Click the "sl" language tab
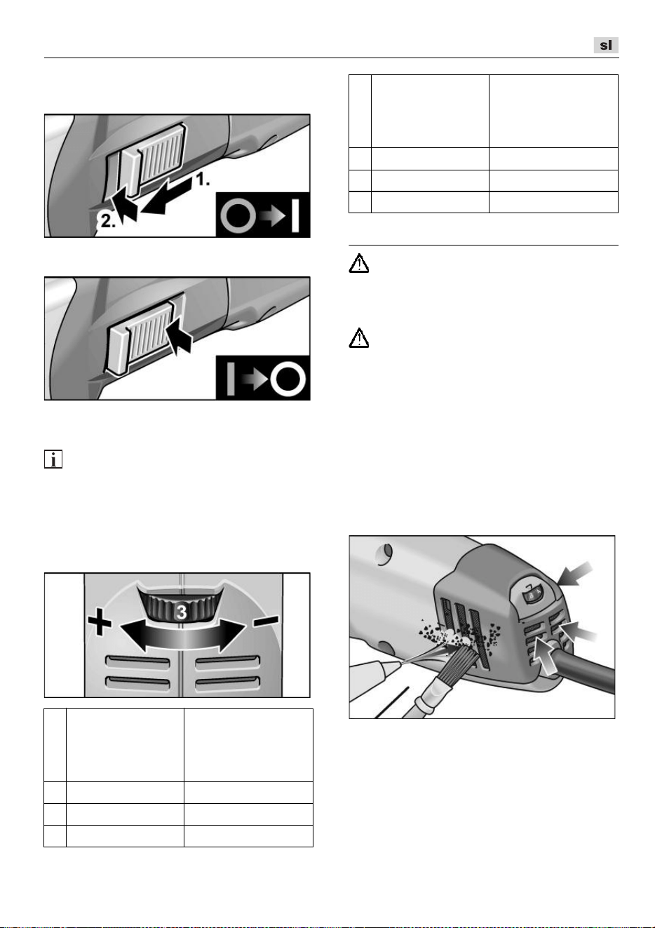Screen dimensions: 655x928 point(606,45)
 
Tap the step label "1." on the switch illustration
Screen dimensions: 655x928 point(203,180)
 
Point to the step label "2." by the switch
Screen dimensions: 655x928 point(108,221)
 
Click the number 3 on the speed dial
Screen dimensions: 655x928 point(182,612)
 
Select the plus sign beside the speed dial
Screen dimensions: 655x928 point(100,621)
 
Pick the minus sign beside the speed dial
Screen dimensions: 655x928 point(266,620)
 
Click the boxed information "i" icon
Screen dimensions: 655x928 point(53,459)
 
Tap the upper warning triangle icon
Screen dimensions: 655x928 point(359,263)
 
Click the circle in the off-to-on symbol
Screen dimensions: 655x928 point(238,215)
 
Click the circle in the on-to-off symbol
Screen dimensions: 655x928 point(288,379)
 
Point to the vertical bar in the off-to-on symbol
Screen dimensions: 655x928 point(295,215)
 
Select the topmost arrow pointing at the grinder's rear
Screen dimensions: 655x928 point(576,574)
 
